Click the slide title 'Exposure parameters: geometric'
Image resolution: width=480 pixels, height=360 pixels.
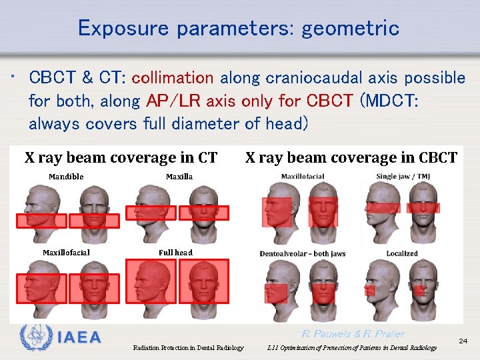click(239, 29)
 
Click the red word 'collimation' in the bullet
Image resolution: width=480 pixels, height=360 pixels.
click(173, 78)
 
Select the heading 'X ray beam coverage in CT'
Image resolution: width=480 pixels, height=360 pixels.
click(121, 158)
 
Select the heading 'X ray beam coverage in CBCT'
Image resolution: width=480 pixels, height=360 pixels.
click(351, 158)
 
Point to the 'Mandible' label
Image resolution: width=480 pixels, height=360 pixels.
click(66, 177)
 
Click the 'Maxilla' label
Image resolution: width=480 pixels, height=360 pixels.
click(179, 177)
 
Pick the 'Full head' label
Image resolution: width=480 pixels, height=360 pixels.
click(175, 253)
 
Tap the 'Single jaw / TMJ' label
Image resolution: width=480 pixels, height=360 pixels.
click(402, 176)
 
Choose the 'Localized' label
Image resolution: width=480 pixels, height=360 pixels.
click(402, 253)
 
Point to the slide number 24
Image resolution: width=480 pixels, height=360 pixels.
click(463, 341)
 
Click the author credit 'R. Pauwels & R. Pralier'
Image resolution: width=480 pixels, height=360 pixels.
click(353, 334)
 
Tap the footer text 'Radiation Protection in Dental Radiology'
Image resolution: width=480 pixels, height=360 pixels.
click(188, 347)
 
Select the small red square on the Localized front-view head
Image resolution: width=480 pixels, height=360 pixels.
click(419, 291)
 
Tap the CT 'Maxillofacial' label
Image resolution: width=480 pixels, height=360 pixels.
click(66, 253)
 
